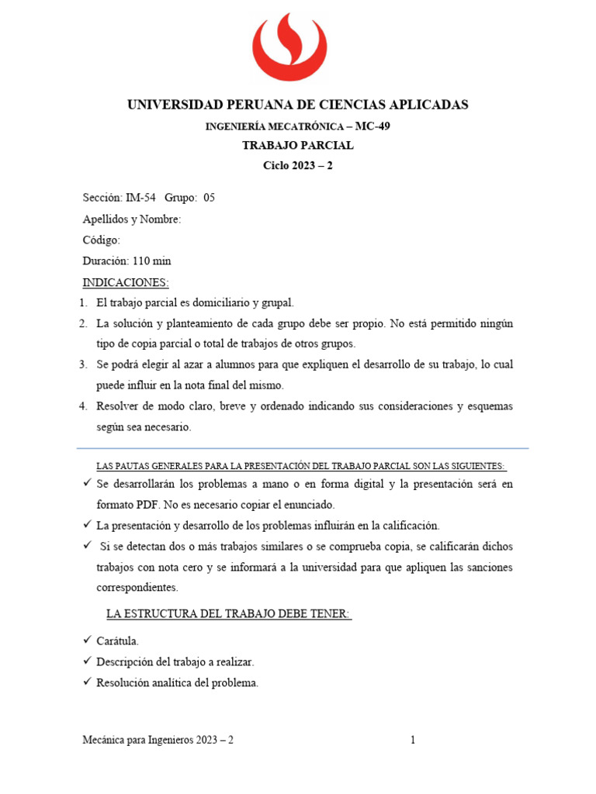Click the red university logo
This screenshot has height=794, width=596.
pyautogui.click(x=297, y=48)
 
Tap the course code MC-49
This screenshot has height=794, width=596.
pyautogui.click(x=372, y=126)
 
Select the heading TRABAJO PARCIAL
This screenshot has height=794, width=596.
pyautogui.click(x=297, y=146)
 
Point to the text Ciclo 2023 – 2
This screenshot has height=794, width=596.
pyautogui.click(x=297, y=165)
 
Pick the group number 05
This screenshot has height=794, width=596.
pyautogui.click(x=209, y=198)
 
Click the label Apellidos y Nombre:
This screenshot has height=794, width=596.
pyautogui.click(x=131, y=219)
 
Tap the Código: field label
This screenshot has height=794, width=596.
pyautogui.click(x=102, y=240)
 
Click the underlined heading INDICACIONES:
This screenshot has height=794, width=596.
pyautogui.click(x=125, y=282)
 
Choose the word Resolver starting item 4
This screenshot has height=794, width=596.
pyautogui.click(x=116, y=406)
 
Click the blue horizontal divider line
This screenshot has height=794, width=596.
pyautogui.click(x=303, y=448)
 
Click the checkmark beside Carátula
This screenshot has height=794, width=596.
pyautogui.click(x=86, y=641)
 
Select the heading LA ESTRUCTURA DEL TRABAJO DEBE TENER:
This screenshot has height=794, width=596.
pyautogui.click(x=228, y=615)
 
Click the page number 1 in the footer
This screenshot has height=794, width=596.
pyautogui.click(x=413, y=740)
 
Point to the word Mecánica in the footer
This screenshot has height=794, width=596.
pyautogui.click(x=105, y=740)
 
